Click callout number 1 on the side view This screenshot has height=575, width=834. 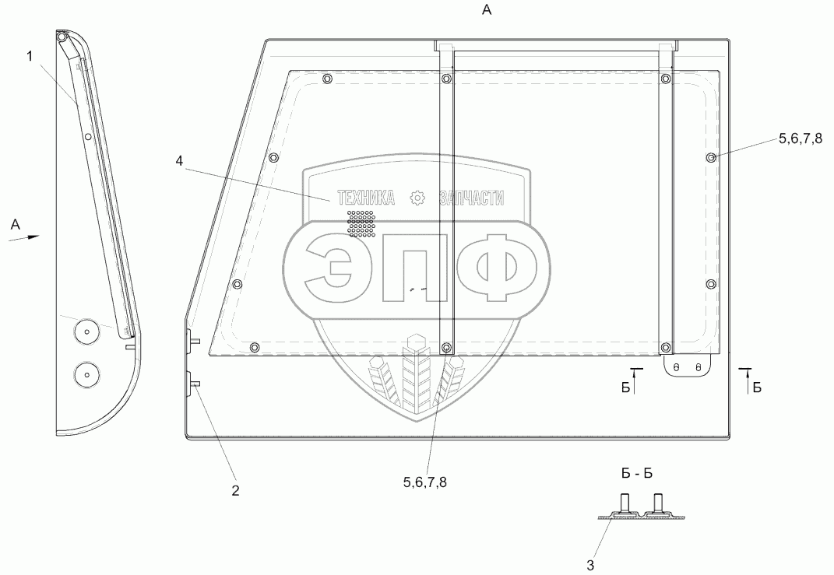pyautogui.click(x=30, y=56)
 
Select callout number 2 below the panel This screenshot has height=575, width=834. pyautogui.click(x=235, y=490)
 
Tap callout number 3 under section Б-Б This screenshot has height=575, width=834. pyautogui.click(x=590, y=565)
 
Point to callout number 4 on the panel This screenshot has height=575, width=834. pyautogui.click(x=179, y=160)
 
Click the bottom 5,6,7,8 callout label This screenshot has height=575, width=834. pyautogui.click(x=424, y=482)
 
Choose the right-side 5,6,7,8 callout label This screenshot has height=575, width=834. pyautogui.click(x=800, y=138)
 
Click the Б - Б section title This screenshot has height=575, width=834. pyautogui.click(x=637, y=473)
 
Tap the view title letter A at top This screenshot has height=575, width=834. pyautogui.click(x=487, y=9)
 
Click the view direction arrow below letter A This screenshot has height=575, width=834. pyautogui.click(x=24, y=237)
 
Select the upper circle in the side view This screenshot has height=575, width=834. pyautogui.click(x=86, y=332)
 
